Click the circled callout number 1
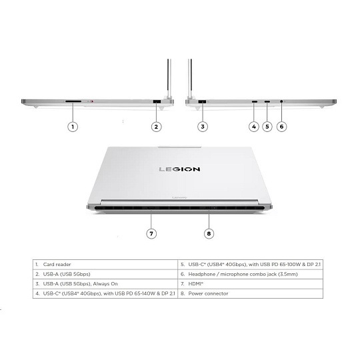point(73,127)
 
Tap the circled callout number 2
point(156,127)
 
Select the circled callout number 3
point(203,127)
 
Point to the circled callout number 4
point(254,127)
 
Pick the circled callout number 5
point(267,127)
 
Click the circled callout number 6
point(281,127)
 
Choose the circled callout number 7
point(151,233)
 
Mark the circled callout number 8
point(209,233)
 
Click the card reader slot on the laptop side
point(73,101)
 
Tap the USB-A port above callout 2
point(157,101)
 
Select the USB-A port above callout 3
point(202,102)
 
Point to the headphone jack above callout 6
point(281,101)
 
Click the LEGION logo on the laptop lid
point(179,169)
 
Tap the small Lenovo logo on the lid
point(179,197)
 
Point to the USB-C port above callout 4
point(255,101)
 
